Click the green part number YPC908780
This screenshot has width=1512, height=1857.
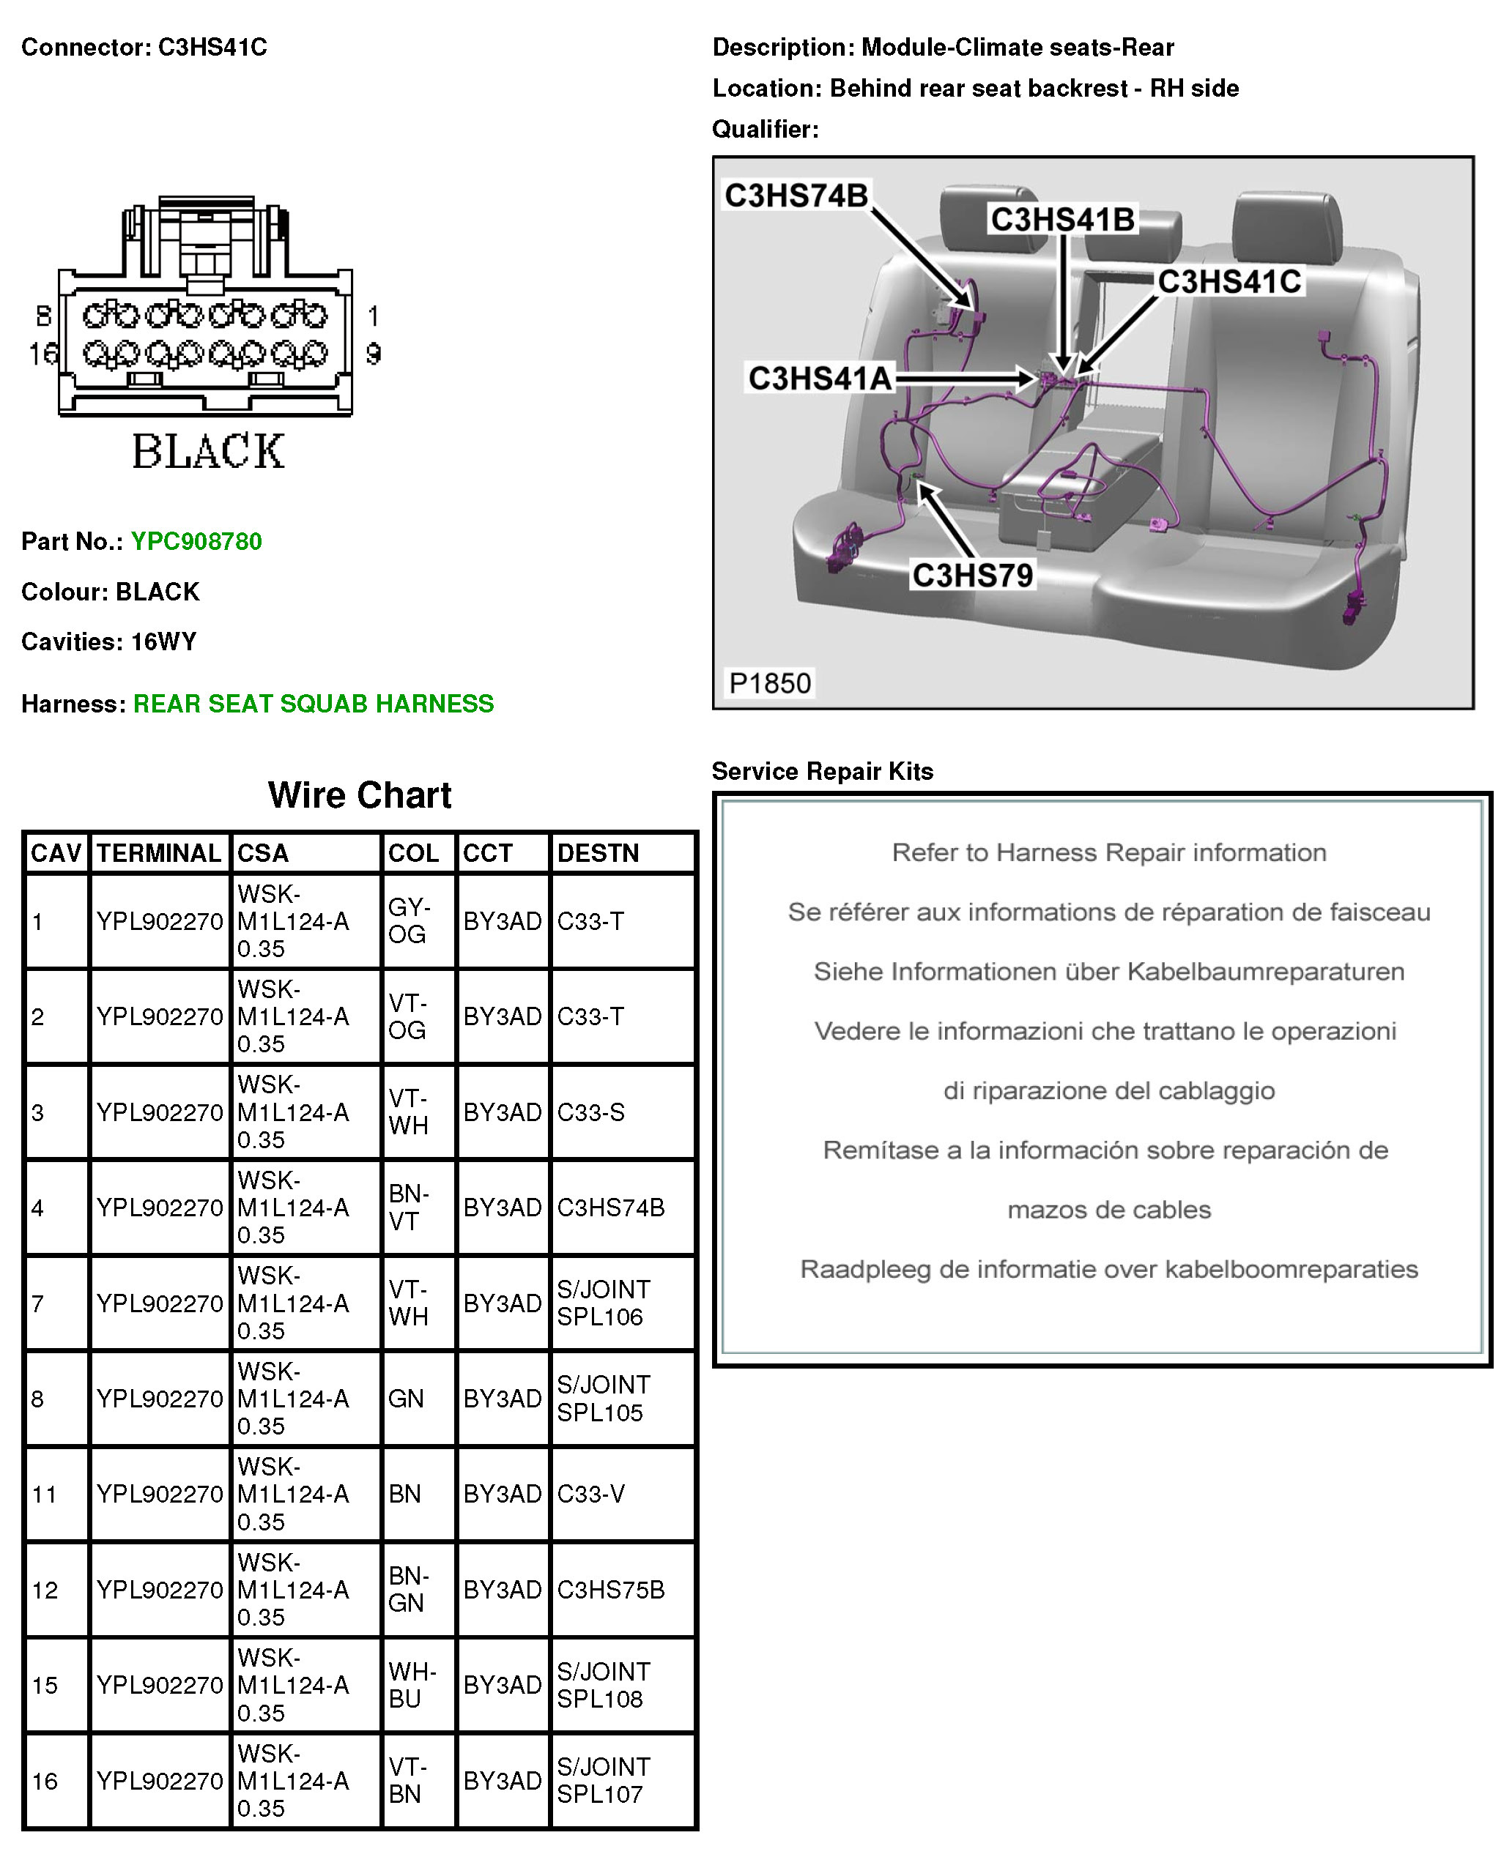[x=196, y=542]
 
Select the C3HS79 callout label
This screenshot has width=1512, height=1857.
[x=972, y=576]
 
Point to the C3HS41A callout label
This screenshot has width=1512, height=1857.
[x=820, y=379]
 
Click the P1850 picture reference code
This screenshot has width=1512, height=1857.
[x=770, y=683]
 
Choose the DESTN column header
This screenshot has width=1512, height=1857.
[x=598, y=853]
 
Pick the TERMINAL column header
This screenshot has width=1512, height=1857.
[x=158, y=853]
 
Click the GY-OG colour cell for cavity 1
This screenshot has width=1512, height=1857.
[x=407, y=921]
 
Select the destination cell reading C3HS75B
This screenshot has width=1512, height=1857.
[x=610, y=1590]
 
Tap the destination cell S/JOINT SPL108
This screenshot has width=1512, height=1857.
[x=603, y=1685]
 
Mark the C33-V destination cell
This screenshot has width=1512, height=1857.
[x=590, y=1494]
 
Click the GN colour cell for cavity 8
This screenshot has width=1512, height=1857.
[x=406, y=1399]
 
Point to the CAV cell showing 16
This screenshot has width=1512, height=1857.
[x=45, y=1780]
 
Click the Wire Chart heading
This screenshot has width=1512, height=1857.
[x=360, y=794]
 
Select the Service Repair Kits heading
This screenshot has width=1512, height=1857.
[x=822, y=771]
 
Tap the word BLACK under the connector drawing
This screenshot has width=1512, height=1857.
[x=208, y=452]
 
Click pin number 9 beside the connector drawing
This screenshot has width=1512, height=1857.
[x=373, y=354]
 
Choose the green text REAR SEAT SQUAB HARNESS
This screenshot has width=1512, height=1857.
[x=314, y=704]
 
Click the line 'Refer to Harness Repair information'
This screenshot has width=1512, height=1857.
[x=1109, y=852]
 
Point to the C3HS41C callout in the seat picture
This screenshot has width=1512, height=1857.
[x=1229, y=282]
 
